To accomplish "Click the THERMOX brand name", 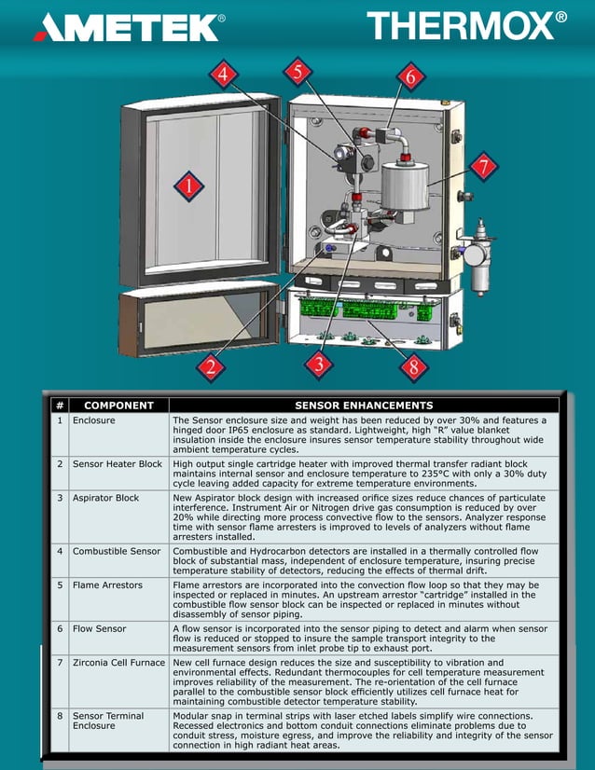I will coord(465,25).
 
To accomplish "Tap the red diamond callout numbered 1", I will coord(188,186).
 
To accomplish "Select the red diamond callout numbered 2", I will coord(212,366).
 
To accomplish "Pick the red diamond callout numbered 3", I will coord(319,364).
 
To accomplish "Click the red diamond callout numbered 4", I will coord(223,75).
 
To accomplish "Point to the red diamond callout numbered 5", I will coord(297,71).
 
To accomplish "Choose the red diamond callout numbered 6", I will coord(409,77).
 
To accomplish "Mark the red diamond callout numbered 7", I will coord(482,168).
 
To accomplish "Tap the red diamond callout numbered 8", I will coord(414,366).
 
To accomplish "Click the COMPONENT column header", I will coord(118,406).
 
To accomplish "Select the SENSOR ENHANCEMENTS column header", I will coord(364,406).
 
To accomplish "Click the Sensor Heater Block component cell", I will coord(118,463).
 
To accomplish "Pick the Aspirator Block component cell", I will coord(105,498).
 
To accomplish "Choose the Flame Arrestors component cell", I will coord(108,585).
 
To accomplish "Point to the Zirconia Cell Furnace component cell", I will coord(119,662).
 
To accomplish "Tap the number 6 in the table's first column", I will coord(60,629).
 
